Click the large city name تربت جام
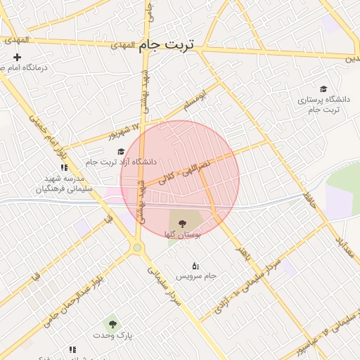[x=168, y=45]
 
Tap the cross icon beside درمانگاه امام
[x=17, y=57]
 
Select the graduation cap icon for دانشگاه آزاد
[x=120, y=151]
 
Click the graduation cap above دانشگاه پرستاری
[x=323, y=89]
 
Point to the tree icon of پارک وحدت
[x=112, y=324]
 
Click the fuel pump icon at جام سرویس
[x=195, y=265]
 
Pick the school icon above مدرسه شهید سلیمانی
[x=64, y=167]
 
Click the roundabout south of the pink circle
[x=137, y=247]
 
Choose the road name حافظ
[x=308, y=198]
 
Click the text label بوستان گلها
[x=183, y=233]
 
